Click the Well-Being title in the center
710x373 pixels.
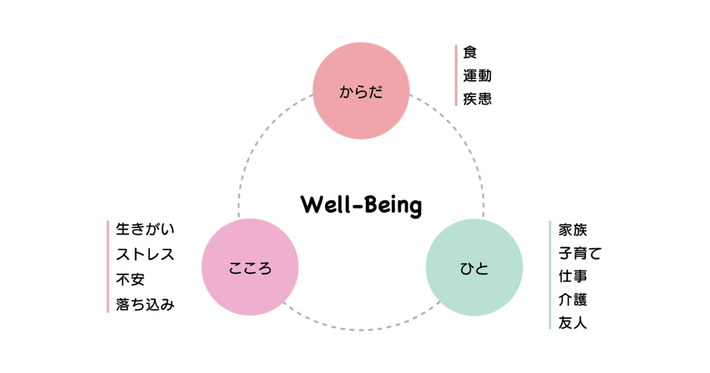361,205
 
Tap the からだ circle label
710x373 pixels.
361,92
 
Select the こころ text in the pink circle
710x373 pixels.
250,268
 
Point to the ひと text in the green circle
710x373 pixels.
474,269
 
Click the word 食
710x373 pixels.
470,52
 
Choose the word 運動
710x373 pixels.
477,76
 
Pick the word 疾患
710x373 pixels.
477,99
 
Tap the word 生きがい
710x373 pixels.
145,229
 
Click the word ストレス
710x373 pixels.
145,255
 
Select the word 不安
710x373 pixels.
130,279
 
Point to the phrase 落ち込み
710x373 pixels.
145,304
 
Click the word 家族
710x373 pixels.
573,230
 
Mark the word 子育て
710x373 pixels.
580,253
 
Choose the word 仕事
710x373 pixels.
573,277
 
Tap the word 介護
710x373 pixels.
573,300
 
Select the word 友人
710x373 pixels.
573,323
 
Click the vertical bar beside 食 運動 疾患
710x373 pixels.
456,75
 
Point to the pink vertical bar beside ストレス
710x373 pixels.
108,267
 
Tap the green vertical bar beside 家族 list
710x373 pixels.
550,275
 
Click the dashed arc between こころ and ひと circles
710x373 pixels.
361,330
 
